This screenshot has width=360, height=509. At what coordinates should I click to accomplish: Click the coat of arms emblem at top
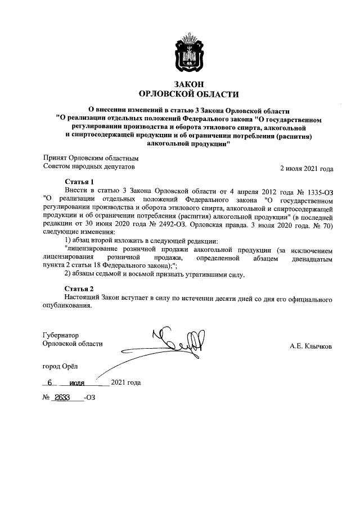(188, 52)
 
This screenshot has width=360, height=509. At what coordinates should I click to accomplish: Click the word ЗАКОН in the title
(188, 84)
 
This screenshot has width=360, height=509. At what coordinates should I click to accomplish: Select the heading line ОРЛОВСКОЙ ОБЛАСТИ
(188, 94)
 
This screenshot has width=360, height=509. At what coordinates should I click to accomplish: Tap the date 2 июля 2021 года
(306, 168)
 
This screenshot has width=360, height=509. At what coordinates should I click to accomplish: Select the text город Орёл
(61, 366)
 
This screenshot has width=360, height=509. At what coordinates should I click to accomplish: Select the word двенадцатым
(308, 257)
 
